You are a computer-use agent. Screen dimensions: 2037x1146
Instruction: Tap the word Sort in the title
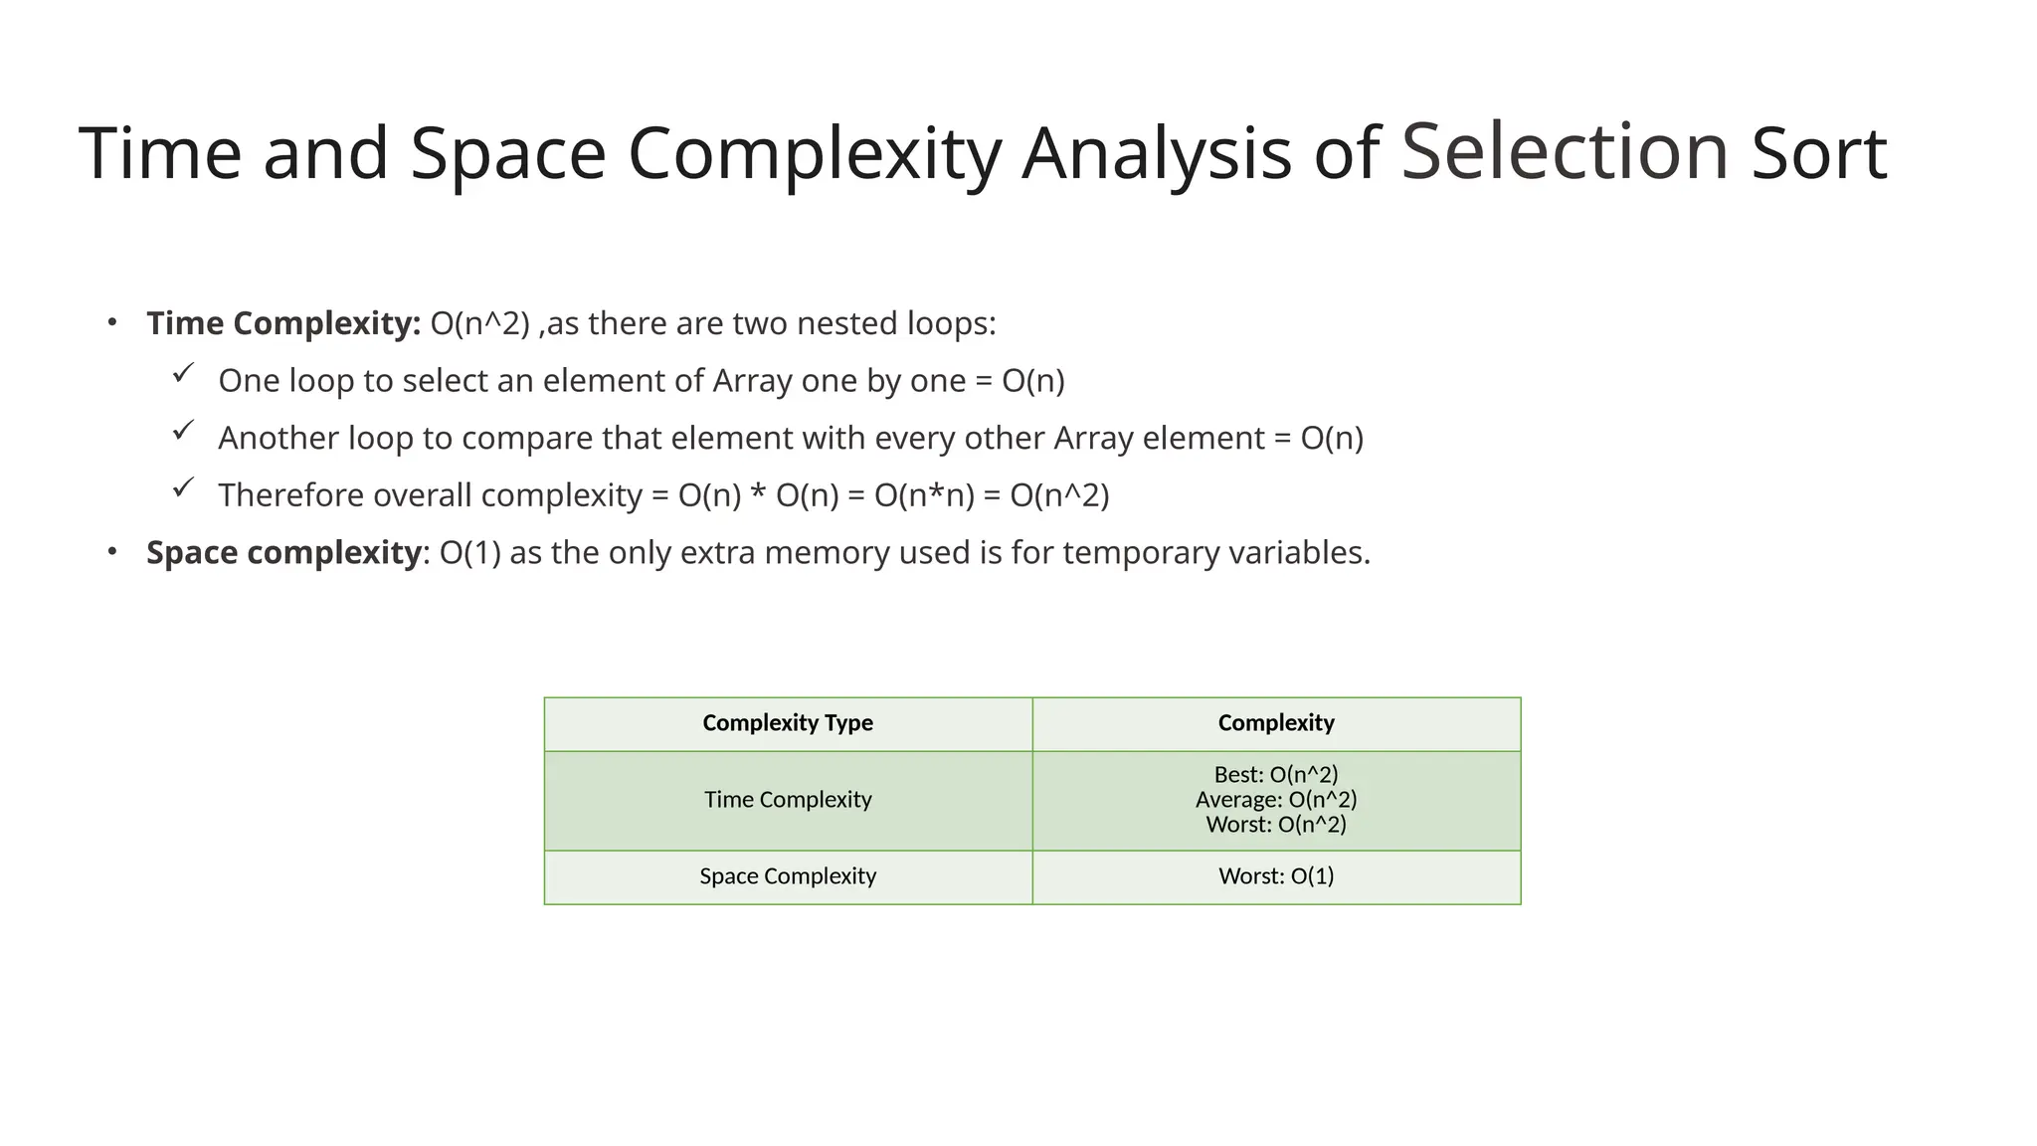pyautogui.click(x=1818, y=154)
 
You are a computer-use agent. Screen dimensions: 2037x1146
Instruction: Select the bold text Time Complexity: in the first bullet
pyautogui.click(x=283, y=323)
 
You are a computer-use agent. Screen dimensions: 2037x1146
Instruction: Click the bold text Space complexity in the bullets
pyautogui.click(x=283, y=552)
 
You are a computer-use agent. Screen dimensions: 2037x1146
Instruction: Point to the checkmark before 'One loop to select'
pyautogui.click(x=183, y=374)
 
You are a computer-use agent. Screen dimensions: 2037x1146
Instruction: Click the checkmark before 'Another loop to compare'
pyautogui.click(x=183, y=431)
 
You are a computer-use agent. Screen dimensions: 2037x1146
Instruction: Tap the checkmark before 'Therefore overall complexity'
pyautogui.click(x=183, y=488)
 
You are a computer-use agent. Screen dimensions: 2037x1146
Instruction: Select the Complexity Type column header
pyautogui.click(x=788, y=723)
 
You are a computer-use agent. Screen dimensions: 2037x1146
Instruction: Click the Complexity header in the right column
pyautogui.click(x=1276, y=723)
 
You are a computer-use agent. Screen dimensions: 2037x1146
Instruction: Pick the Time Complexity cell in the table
pyautogui.click(x=788, y=800)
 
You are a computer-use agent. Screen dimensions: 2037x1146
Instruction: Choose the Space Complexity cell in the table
pyautogui.click(x=788, y=876)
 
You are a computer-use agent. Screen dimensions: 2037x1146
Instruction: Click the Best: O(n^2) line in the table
pyautogui.click(x=1276, y=774)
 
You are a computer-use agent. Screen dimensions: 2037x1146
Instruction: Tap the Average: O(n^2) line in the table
pyautogui.click(x=1276, y=800)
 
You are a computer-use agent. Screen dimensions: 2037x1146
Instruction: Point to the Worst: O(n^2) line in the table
pyautogui.click(x=1276, y=825)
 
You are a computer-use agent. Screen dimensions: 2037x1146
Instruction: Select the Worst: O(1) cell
pyautogui.click(x=1276, y=876)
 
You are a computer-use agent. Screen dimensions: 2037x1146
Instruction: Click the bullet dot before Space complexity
pyautogui.click(x=113, y=551)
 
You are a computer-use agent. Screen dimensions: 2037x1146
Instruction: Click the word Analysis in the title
pyautogui.click(x=1157, y=154)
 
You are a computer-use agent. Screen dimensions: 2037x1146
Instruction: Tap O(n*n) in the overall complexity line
pyautogui.click(x=924, y=495)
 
